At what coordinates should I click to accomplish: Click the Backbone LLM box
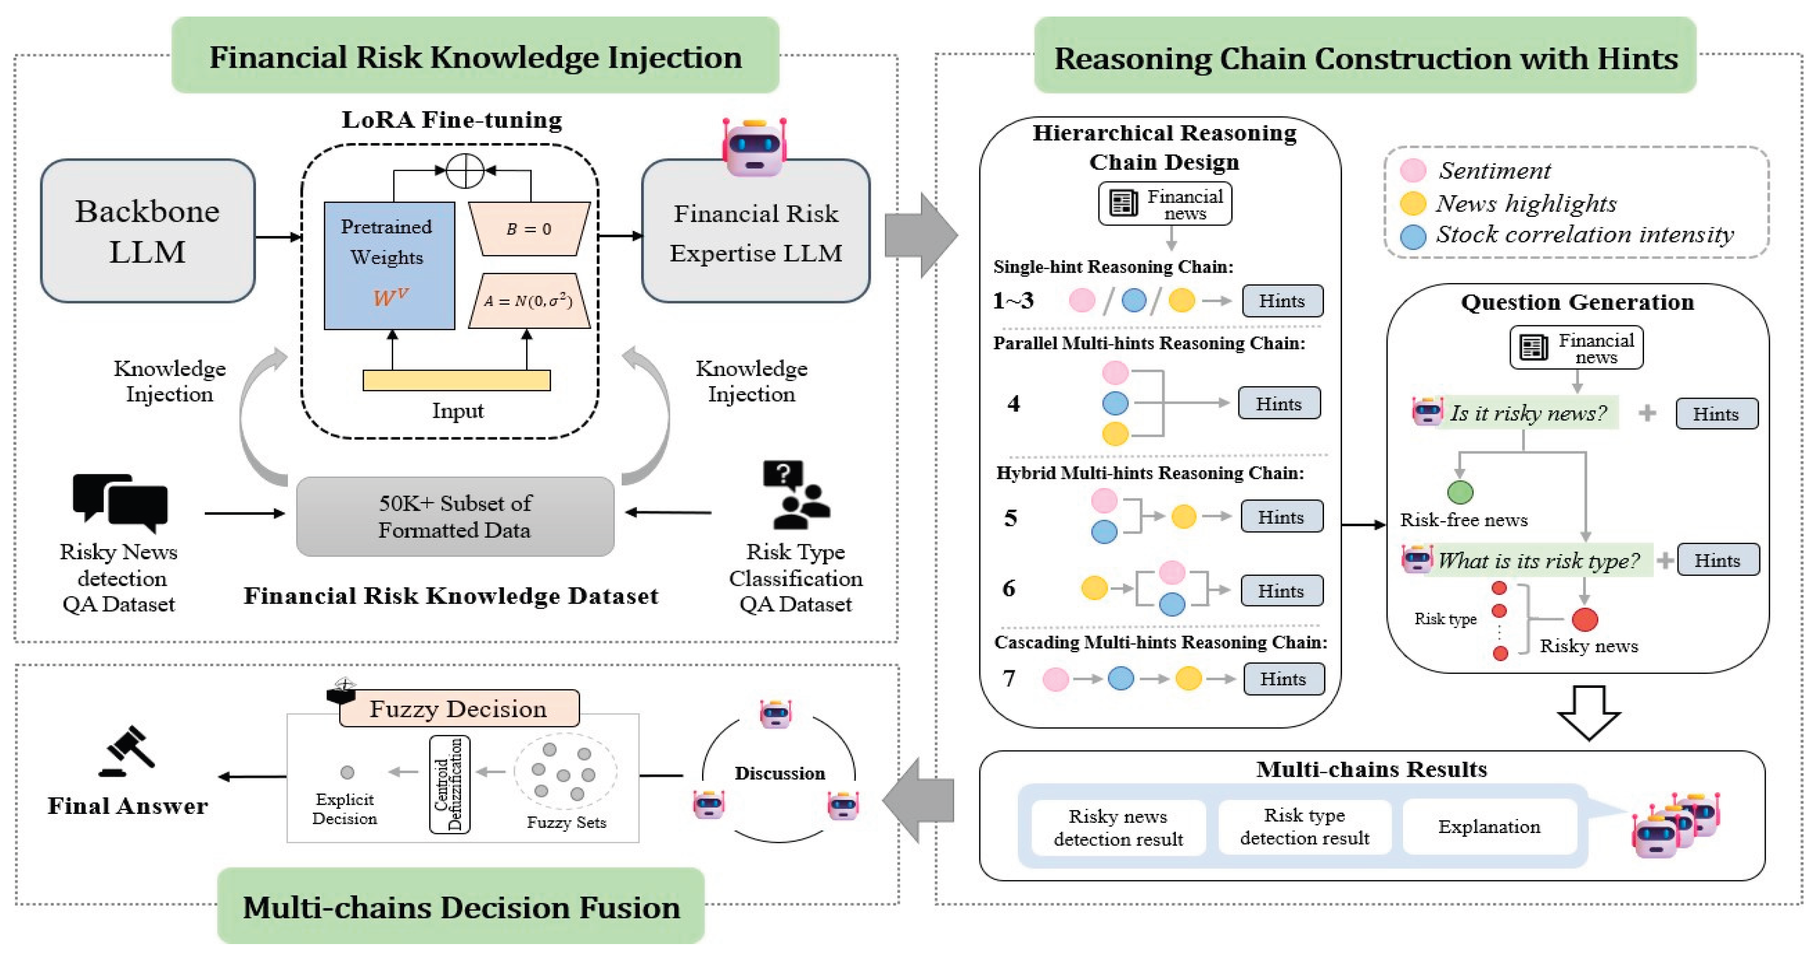pos(148,231)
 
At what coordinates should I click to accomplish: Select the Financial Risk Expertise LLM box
pos(756,231)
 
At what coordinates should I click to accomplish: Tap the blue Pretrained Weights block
pos(389,265)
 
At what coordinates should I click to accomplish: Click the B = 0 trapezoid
pos(529,229)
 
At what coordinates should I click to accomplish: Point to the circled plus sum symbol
pos(465,170)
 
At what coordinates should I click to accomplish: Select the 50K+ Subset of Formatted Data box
pos(455,516)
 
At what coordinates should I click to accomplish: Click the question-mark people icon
pos(796,494)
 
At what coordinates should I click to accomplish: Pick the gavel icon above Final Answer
pos(127,751)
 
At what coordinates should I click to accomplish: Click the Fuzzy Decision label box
pos(459,708)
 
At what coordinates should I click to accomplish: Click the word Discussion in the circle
pos(780,773)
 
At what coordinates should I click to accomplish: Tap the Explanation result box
pos(1489,826)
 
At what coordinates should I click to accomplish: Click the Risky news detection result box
pos(1119,827)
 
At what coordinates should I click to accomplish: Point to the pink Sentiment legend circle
pos(1413,170)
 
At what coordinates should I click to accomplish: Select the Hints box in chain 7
pos(1284,679)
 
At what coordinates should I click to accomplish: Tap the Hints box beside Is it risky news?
pos(1716,414)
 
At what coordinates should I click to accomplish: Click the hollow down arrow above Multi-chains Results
pos(1589,712)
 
